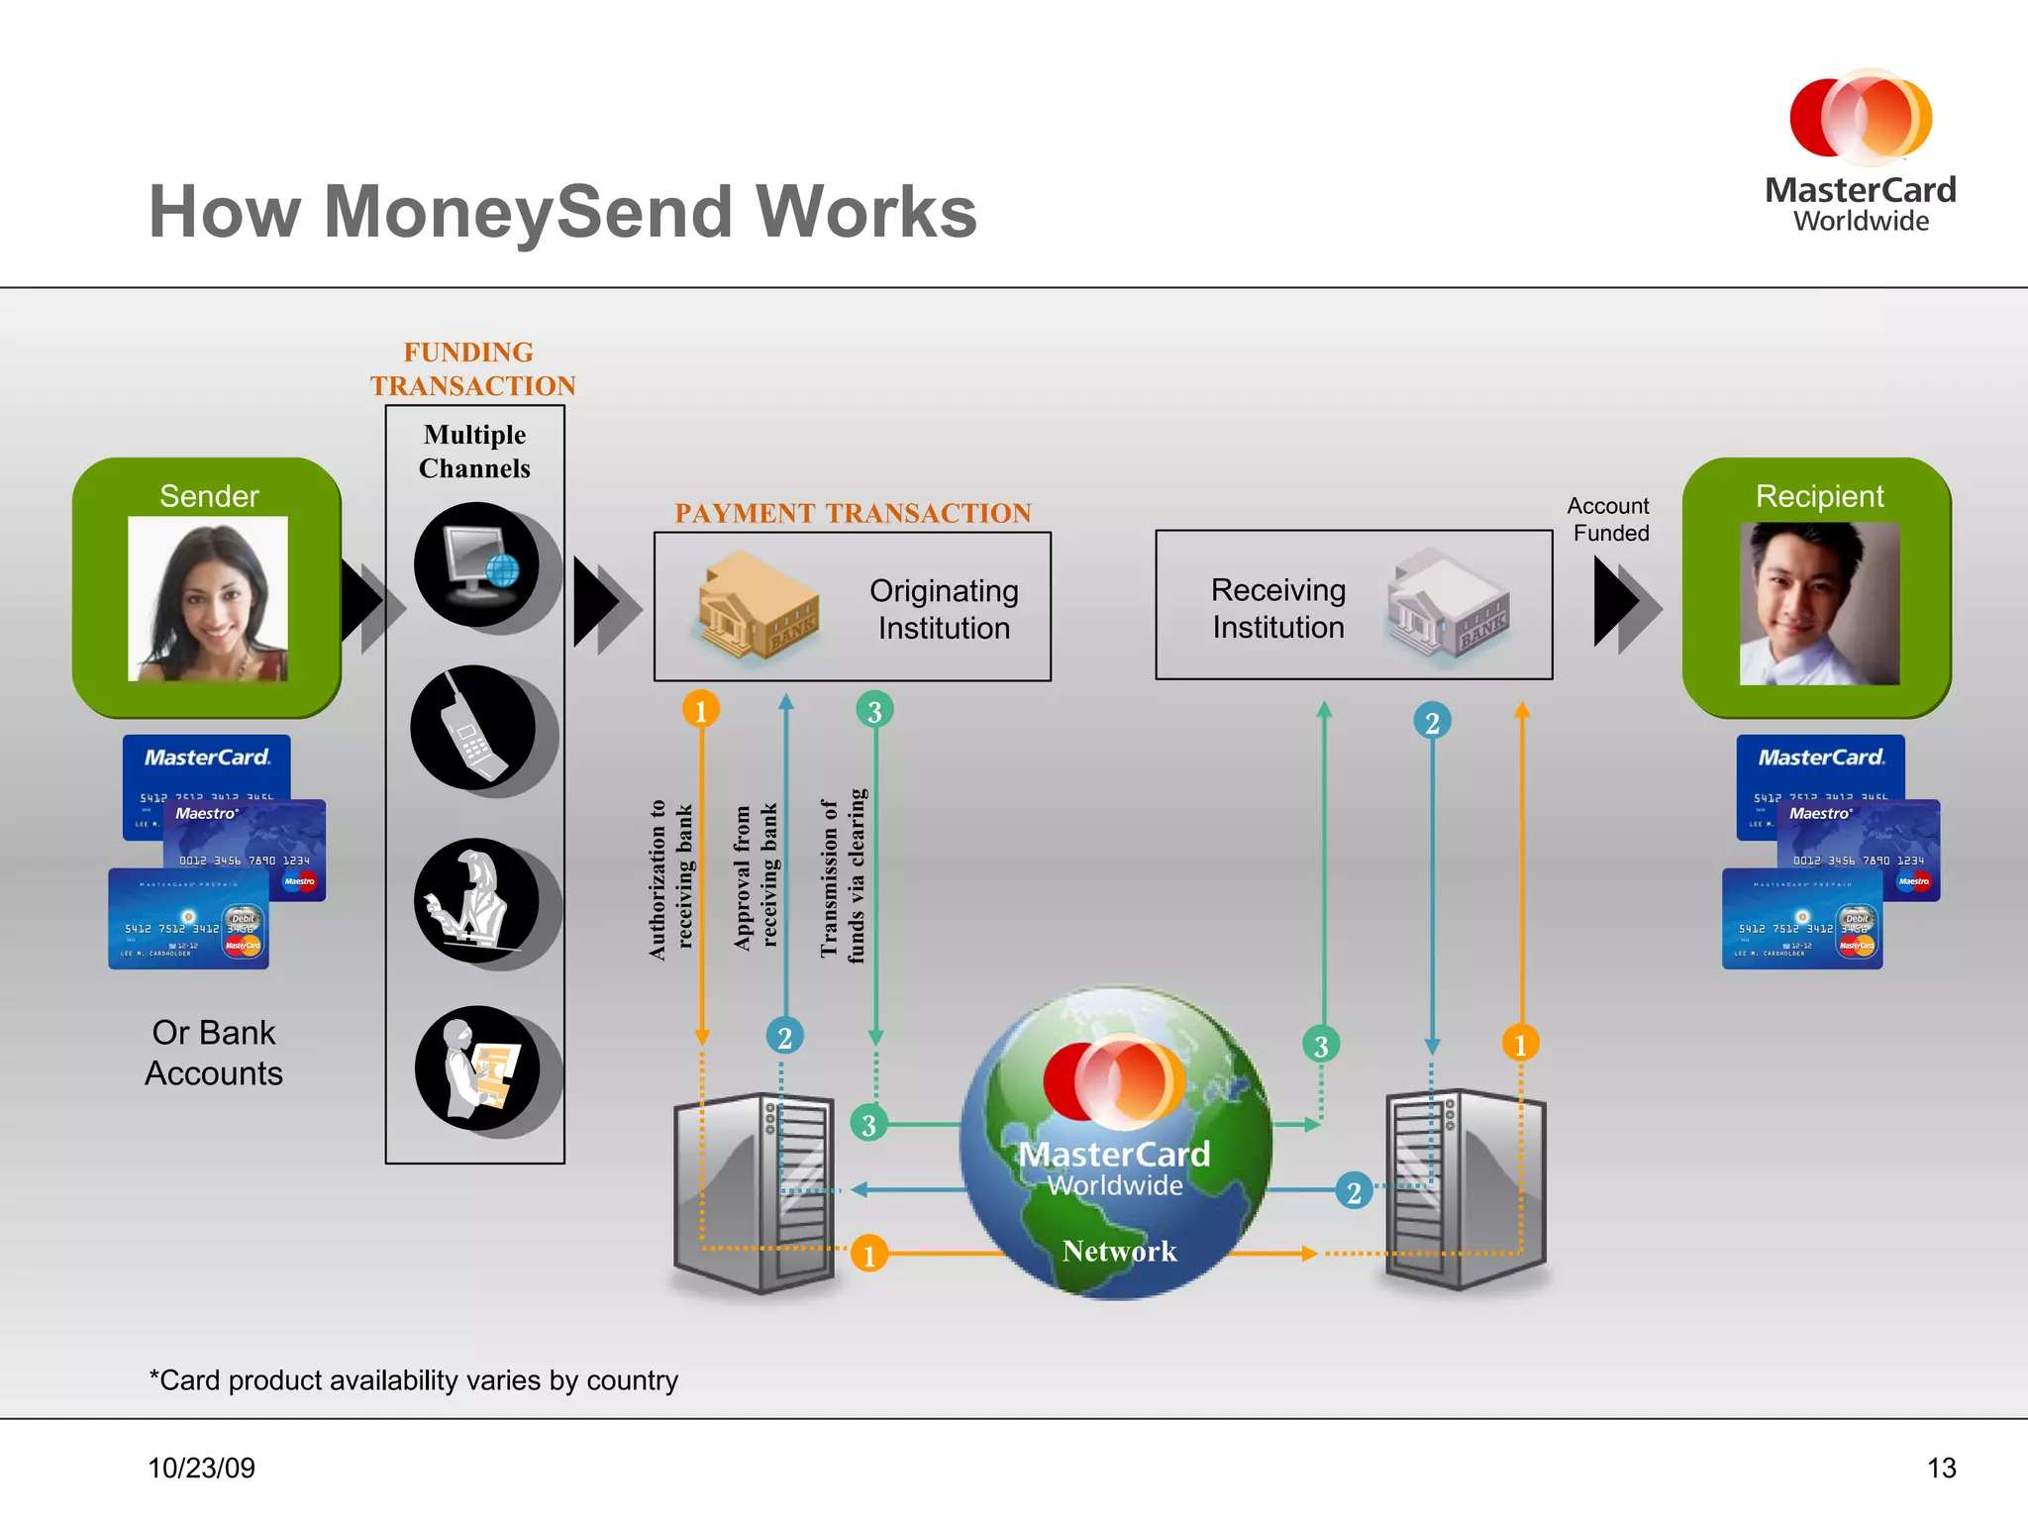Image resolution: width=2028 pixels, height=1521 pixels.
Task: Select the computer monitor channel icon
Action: tap(477, 564)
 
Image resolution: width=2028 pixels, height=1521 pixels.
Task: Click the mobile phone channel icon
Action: tap(473, 729)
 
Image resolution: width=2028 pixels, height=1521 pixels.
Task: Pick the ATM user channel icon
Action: tap(477, 1068)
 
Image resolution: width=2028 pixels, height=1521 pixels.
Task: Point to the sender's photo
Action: tap(208, 598)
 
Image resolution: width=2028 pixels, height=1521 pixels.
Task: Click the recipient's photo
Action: tap(1819, 603)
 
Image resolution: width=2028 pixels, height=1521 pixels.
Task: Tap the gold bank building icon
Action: tap(758, 606)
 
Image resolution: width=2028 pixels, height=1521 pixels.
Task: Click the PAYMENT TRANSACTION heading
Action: tap(853, 513)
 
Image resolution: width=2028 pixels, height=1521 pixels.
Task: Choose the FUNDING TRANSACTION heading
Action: tap(472, 369)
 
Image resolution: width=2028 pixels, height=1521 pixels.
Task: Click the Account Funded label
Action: tap(1609, 520)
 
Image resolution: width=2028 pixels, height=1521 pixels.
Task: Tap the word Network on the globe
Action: tap(1119, 1251)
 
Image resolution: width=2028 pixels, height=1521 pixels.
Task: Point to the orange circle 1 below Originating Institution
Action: tap(701, 710)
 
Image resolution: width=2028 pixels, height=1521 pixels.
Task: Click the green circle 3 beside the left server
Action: tap(868, 1124)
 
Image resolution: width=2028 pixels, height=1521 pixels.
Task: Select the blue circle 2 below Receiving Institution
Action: tap(1432, 722)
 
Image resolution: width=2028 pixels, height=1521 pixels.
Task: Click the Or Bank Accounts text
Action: tap(214, 1053)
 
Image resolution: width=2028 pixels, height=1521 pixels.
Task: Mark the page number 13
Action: tap(1941, 1468)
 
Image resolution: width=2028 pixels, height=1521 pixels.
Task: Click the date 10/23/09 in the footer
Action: tap(202, 1468)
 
